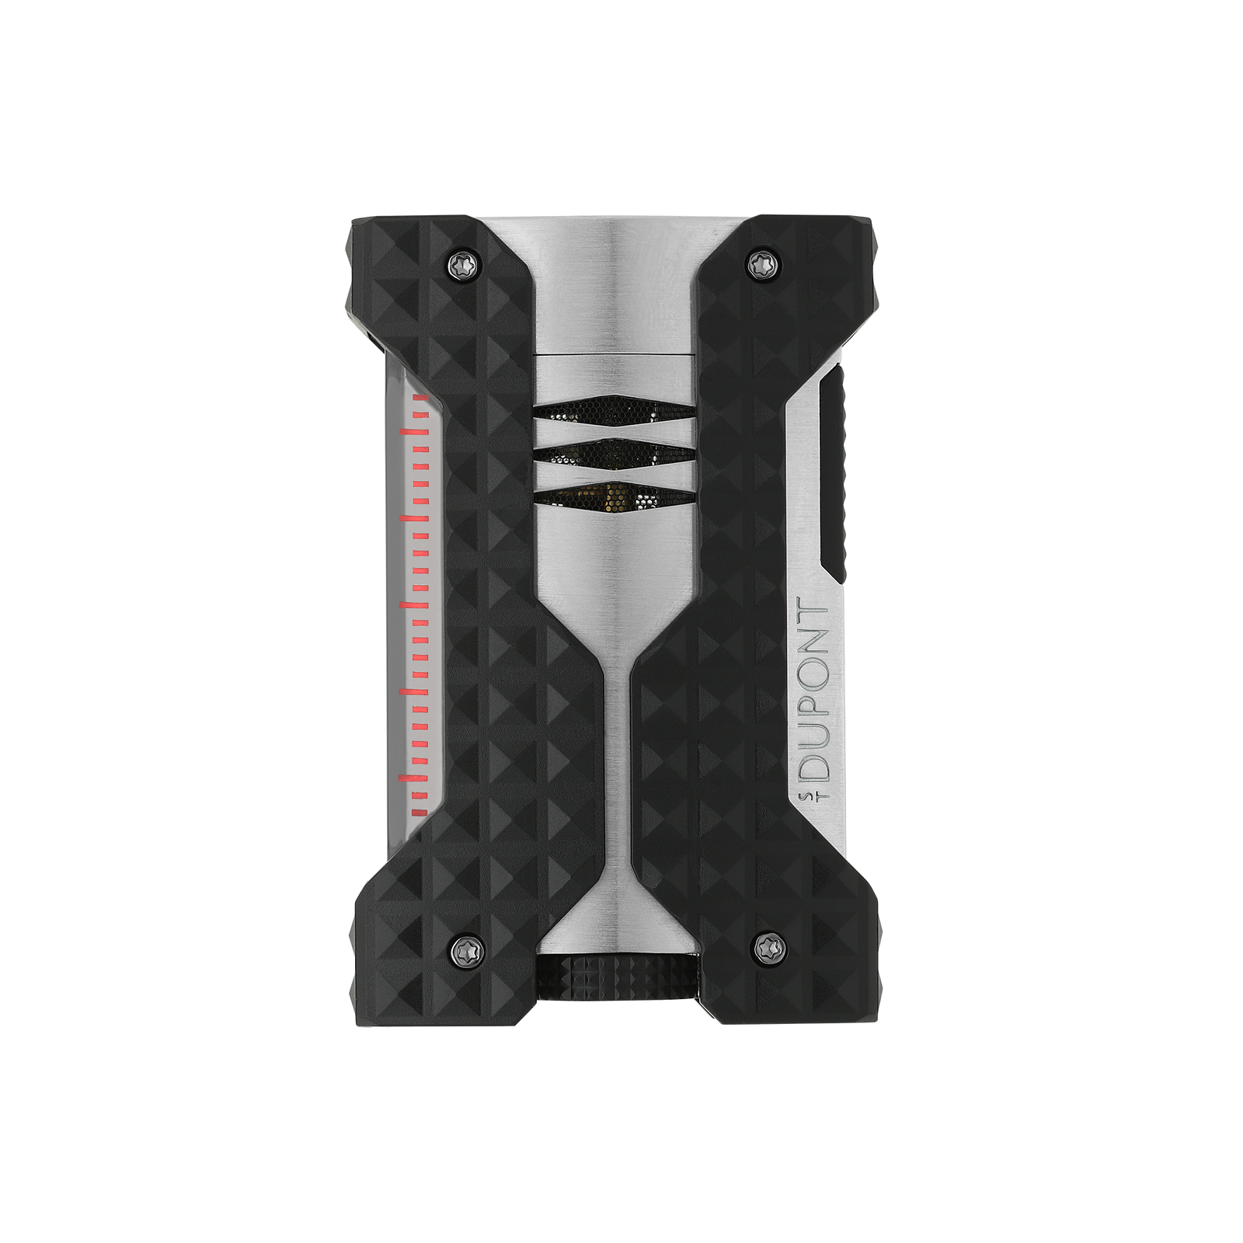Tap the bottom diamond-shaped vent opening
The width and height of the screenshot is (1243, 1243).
(x=614, y=495)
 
